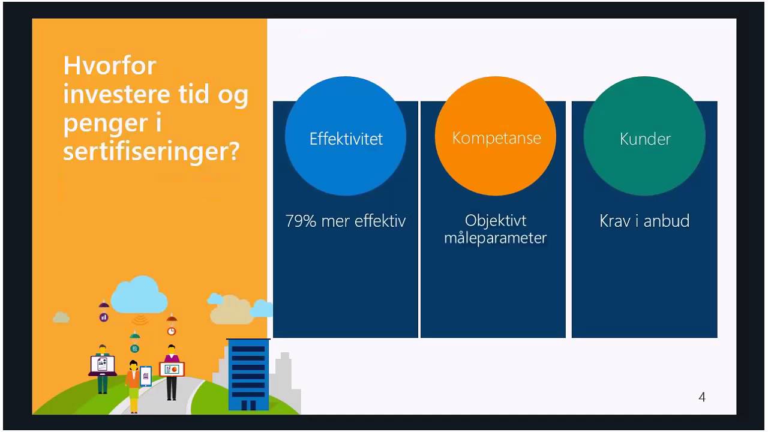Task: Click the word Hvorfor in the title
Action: point(110,65)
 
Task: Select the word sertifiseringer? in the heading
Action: point(151,151)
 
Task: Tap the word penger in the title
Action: point(106,124)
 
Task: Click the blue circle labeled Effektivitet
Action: point(346,136)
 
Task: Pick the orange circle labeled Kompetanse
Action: point(496,136)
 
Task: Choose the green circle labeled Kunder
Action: point(644,136)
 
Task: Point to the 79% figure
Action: point(301,221)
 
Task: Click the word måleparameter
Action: point(495,238)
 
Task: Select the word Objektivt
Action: point(496,220)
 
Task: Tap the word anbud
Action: point(667,221)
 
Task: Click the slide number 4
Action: point(702,397)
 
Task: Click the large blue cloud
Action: point(139,295)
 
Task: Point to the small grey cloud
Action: point(61,317)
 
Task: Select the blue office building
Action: point(248,374)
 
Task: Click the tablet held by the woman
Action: point(146,376)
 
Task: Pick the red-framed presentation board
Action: point(172,370)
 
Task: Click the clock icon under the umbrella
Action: point(172,331)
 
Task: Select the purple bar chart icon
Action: point(104,317)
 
